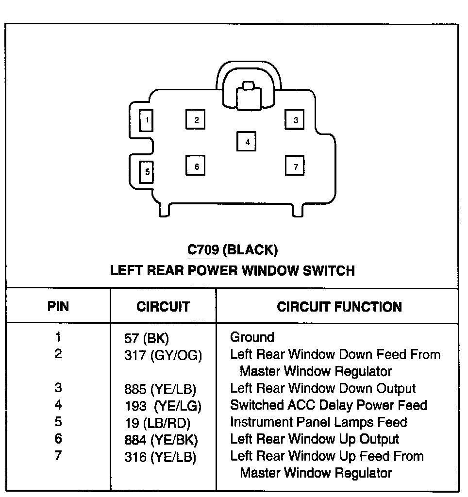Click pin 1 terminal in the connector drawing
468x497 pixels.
(146, 120)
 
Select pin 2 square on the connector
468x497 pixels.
(196, 120)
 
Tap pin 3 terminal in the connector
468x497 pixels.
(295, 120)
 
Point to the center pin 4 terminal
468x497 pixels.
(247, 142)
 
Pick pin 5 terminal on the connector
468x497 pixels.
(146, 172)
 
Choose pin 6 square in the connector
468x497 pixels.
(196, 166)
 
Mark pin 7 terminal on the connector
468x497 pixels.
(295, 166)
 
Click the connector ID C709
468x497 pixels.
(203, 250)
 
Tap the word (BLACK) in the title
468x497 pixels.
(251, 250)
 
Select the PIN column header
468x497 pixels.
(58, 307)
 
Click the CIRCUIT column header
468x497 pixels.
(163, 307)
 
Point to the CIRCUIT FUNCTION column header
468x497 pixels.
(339, 307)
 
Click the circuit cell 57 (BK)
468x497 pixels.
(146, 338)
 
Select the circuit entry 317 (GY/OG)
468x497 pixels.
(163, 356)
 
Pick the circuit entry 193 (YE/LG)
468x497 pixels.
(163, 406)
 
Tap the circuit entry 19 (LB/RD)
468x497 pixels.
(157, 423)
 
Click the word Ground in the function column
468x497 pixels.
(252, 337)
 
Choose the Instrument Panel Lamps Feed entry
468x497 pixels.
(318, 422)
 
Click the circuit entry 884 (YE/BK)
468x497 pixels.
(161, 440)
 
